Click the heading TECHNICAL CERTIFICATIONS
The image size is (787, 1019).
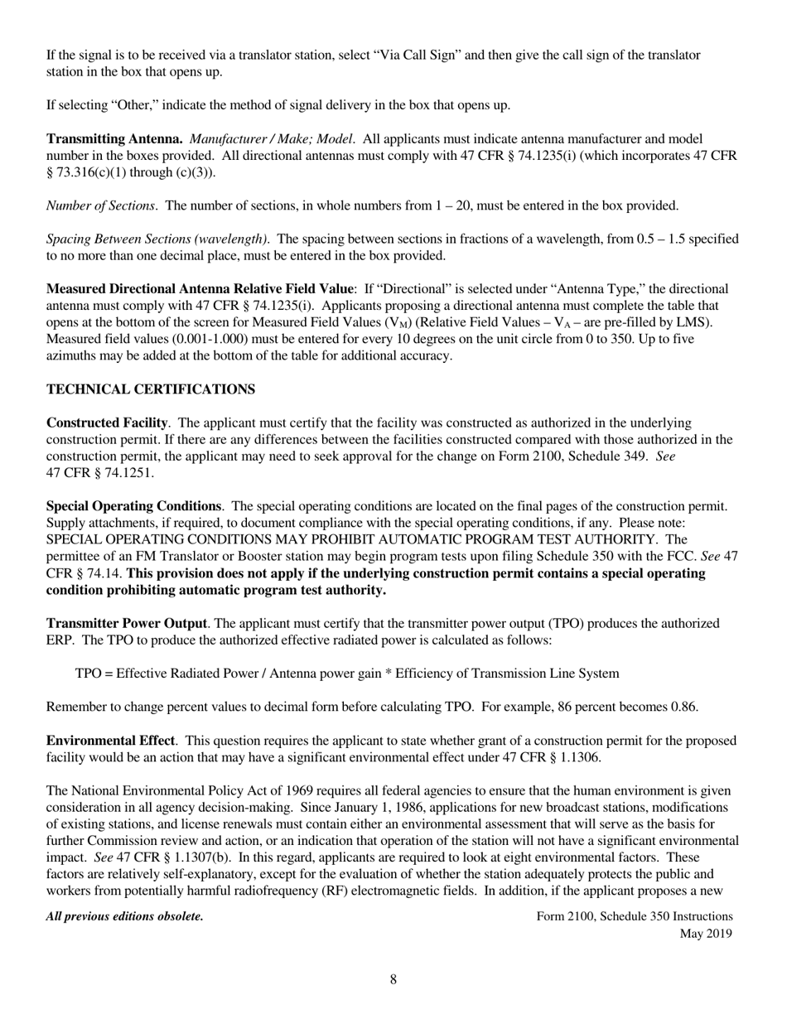(x=150, y=389)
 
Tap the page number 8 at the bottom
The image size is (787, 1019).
(x=393, y=980)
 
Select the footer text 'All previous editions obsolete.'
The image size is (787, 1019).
(x=125, y=916)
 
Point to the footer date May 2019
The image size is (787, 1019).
(x=706, y=934)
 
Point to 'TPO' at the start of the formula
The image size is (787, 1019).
(x=88, y=674)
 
